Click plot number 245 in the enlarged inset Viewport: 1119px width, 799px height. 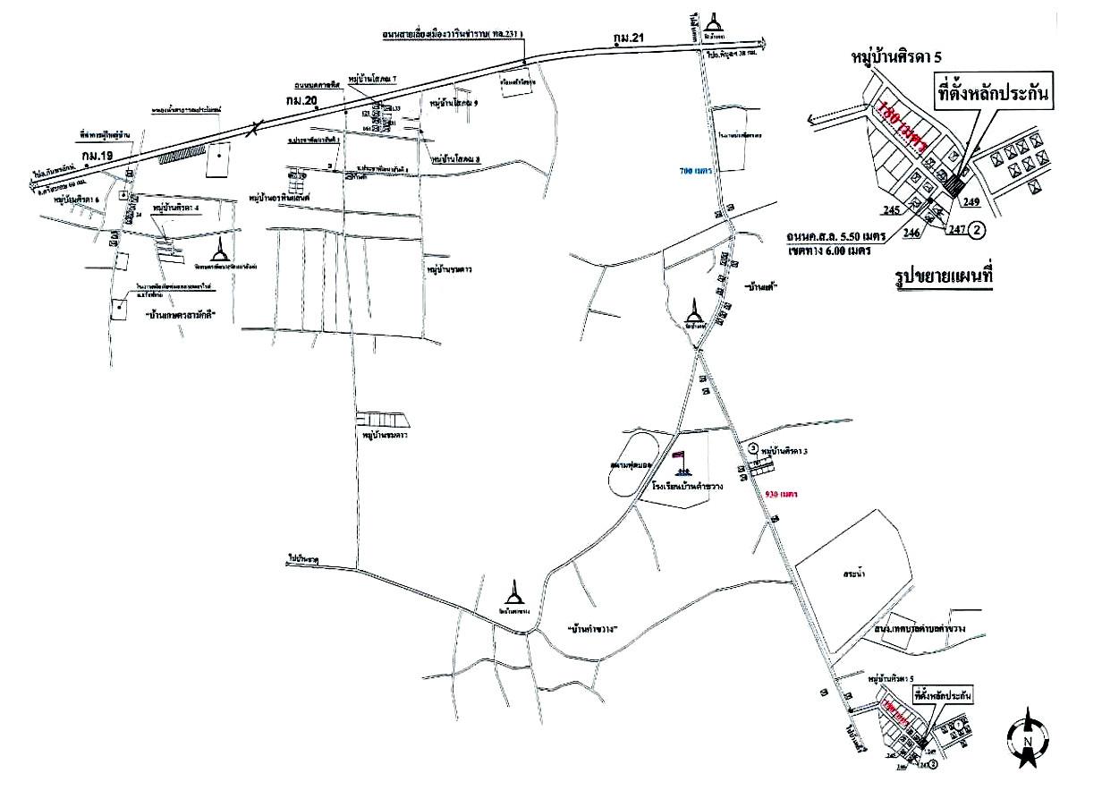pyautogui.click(x=888, y=211)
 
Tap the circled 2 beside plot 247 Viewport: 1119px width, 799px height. pyautogui.click(x=978, y=230)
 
